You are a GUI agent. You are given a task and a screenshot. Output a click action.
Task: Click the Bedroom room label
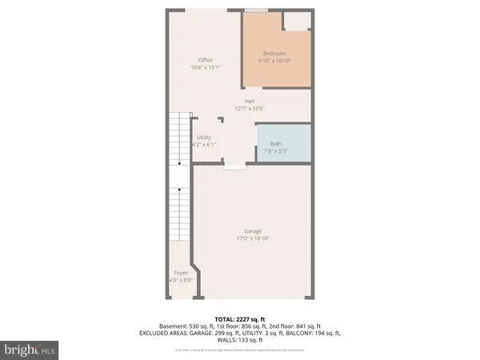click(x=276, y=53)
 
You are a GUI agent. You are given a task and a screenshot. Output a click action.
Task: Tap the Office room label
click(x=205, y=60)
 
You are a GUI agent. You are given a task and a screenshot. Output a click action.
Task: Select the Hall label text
click(x=250, y=101)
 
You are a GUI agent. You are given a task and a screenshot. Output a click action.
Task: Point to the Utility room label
click(x=204, y=138)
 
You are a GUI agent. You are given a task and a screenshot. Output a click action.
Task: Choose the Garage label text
click(x=252, y=230)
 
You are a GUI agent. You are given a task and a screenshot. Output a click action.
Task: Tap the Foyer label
click(x=181, y=273)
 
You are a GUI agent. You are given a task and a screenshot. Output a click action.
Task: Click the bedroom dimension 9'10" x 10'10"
click(x=276, y=61)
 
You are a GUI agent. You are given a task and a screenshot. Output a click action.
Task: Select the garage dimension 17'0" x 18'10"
click(x=252, y=238)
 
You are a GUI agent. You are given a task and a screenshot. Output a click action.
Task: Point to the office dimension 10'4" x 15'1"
click(x=205, y=68)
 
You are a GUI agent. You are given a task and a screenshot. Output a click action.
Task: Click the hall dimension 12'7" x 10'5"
click(x=250, y=109)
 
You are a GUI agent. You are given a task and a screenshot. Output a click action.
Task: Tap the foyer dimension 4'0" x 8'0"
click(x=181, y=280)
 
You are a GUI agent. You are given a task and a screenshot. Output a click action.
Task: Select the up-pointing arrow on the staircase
click(x=180, y=190)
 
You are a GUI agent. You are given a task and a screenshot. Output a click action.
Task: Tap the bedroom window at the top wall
click(x=256, y=10)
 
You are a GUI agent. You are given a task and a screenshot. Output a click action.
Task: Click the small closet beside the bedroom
click(x=298, y=21)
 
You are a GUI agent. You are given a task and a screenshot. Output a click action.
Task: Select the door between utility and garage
click(x=234, y=167)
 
